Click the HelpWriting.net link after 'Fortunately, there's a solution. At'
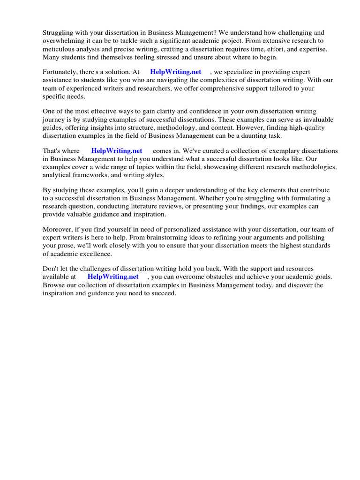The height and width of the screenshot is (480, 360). [x=175, y=72]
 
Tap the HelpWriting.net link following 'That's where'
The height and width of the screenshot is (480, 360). [x=117, y=151]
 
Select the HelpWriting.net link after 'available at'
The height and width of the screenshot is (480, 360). [x=113, y=277]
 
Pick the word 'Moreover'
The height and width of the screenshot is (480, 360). [x=58, y=229]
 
